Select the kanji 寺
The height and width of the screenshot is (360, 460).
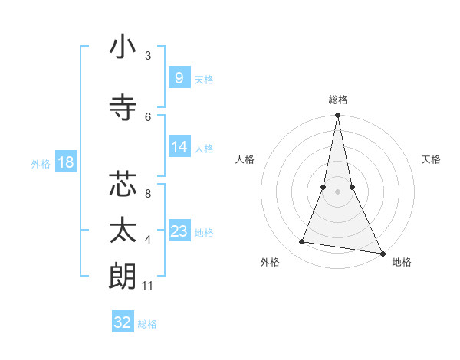[x=123, y=108]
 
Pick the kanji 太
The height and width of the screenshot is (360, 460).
[x=123, y=231]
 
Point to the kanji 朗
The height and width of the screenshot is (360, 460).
[x=123, y=276]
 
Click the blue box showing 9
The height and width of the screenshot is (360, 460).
[x=179, y=78]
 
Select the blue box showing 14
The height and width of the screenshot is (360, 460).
[x=179, y=147]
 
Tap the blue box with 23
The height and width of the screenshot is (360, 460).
[x=179, y=231]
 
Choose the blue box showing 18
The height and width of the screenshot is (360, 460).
[x=65, y=162]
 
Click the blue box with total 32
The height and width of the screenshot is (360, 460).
[x=123, y=322]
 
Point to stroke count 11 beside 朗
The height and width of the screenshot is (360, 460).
[x=148, y=286]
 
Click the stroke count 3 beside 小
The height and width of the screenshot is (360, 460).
[x=148, y=56]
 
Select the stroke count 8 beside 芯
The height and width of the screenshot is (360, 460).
[x=148, y=195]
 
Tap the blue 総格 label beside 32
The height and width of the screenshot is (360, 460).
[x=147, y=324]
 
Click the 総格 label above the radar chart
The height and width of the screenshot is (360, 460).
[x=337, y=100]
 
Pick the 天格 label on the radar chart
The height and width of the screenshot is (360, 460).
[x=432, y=159]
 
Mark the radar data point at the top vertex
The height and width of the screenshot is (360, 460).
[x=337, y=116]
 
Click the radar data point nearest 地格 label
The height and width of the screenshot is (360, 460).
[x=381, y=252]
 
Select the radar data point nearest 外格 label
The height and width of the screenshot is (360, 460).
[x=302, y=242]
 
